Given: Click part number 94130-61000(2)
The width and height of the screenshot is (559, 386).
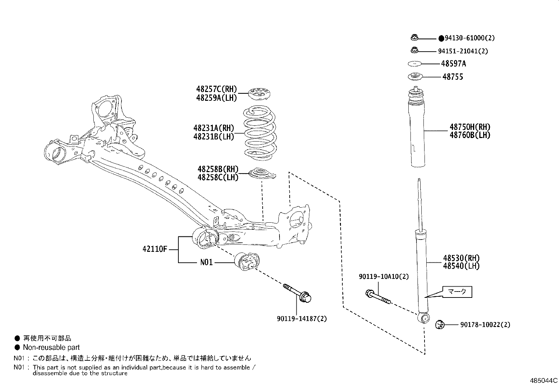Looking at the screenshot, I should tap(469, 38).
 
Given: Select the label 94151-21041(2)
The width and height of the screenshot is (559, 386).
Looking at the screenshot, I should tap(463, 51).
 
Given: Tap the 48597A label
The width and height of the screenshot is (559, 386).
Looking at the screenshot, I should tap(454, 64).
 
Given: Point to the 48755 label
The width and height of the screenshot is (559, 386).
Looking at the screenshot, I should tap(453, 77).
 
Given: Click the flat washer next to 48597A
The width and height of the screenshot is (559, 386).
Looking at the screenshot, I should tap(414, 64).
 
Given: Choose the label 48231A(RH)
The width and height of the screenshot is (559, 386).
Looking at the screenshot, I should tap(213, 128).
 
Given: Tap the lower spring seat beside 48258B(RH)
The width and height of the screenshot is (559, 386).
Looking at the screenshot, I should tap(262, 174).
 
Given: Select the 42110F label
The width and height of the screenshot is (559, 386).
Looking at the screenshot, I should tap(155, 249).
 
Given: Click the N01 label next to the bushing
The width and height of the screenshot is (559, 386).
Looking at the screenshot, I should tap(206, 262).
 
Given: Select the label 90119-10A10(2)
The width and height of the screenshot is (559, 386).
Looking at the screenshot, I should tap(384, 277).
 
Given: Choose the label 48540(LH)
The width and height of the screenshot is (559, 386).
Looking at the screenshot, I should tap(461, 266).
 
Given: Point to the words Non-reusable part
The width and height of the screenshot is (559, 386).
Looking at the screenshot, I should tap(51, 348).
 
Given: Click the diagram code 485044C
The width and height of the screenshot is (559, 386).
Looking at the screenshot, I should tap(544, 380).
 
